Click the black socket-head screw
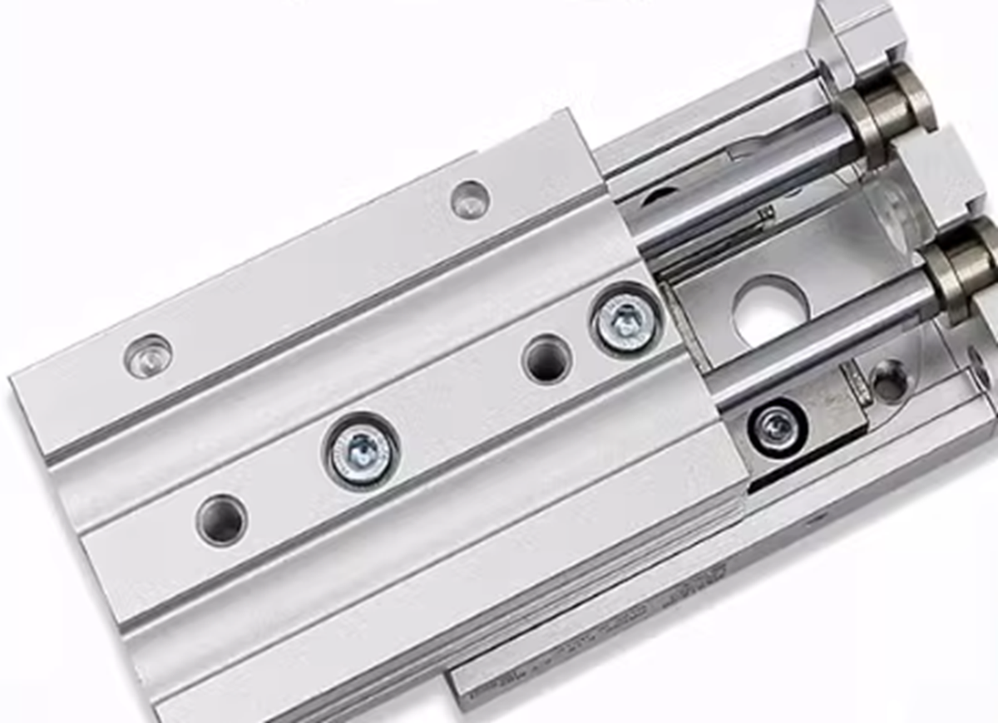[778, 427]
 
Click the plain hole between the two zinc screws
[546, 359]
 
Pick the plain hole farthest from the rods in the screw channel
[221, 519]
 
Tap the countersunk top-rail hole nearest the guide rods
[470, 199]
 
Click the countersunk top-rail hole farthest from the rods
[148, 356]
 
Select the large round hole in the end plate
[770, 312]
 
